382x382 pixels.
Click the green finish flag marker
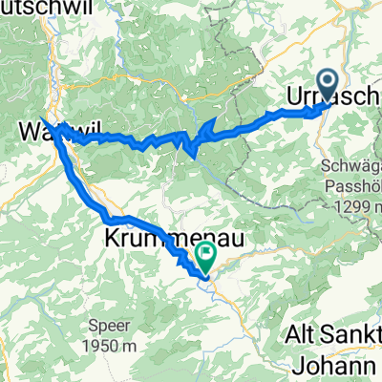(205, 255)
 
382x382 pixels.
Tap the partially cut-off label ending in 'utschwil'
(29, 8)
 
